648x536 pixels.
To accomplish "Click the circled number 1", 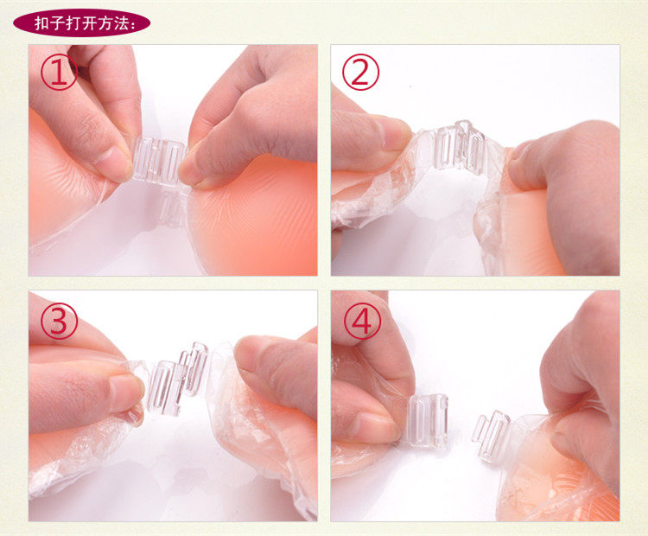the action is tap(59, 72).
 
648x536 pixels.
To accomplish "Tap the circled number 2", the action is tap(360, 72).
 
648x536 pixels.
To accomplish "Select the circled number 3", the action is tap(59, 321).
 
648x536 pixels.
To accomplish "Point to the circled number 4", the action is tap(362, 321).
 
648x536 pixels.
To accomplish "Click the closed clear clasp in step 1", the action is tap(159, 161).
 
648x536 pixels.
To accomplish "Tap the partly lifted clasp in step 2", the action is tap(461, 147).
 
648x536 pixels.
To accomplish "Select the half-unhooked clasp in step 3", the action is tap(177, 379).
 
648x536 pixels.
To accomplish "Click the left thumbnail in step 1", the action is tap(111, 163).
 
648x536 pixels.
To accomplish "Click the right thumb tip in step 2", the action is tap(518, 169).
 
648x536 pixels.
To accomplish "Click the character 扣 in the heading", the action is tap(41, 23).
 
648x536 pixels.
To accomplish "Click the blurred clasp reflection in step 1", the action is tap(172, 210).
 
